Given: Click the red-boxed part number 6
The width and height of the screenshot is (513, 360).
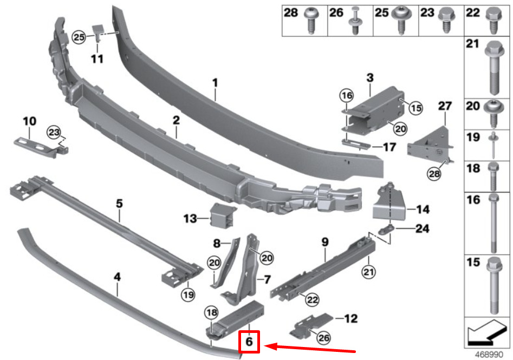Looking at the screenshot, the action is pos(249,342).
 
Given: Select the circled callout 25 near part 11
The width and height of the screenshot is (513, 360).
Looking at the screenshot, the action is pos(79,37).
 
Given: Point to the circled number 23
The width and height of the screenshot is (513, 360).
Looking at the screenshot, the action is pos(53,132).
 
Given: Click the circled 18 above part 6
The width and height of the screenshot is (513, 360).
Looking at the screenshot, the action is pos(211,312).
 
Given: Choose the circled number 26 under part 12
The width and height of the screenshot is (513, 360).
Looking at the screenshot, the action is pos(323,338).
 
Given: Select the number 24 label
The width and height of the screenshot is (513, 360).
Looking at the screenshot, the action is pos(422,229).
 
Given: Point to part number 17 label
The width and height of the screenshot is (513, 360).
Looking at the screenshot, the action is pos(389,146).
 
